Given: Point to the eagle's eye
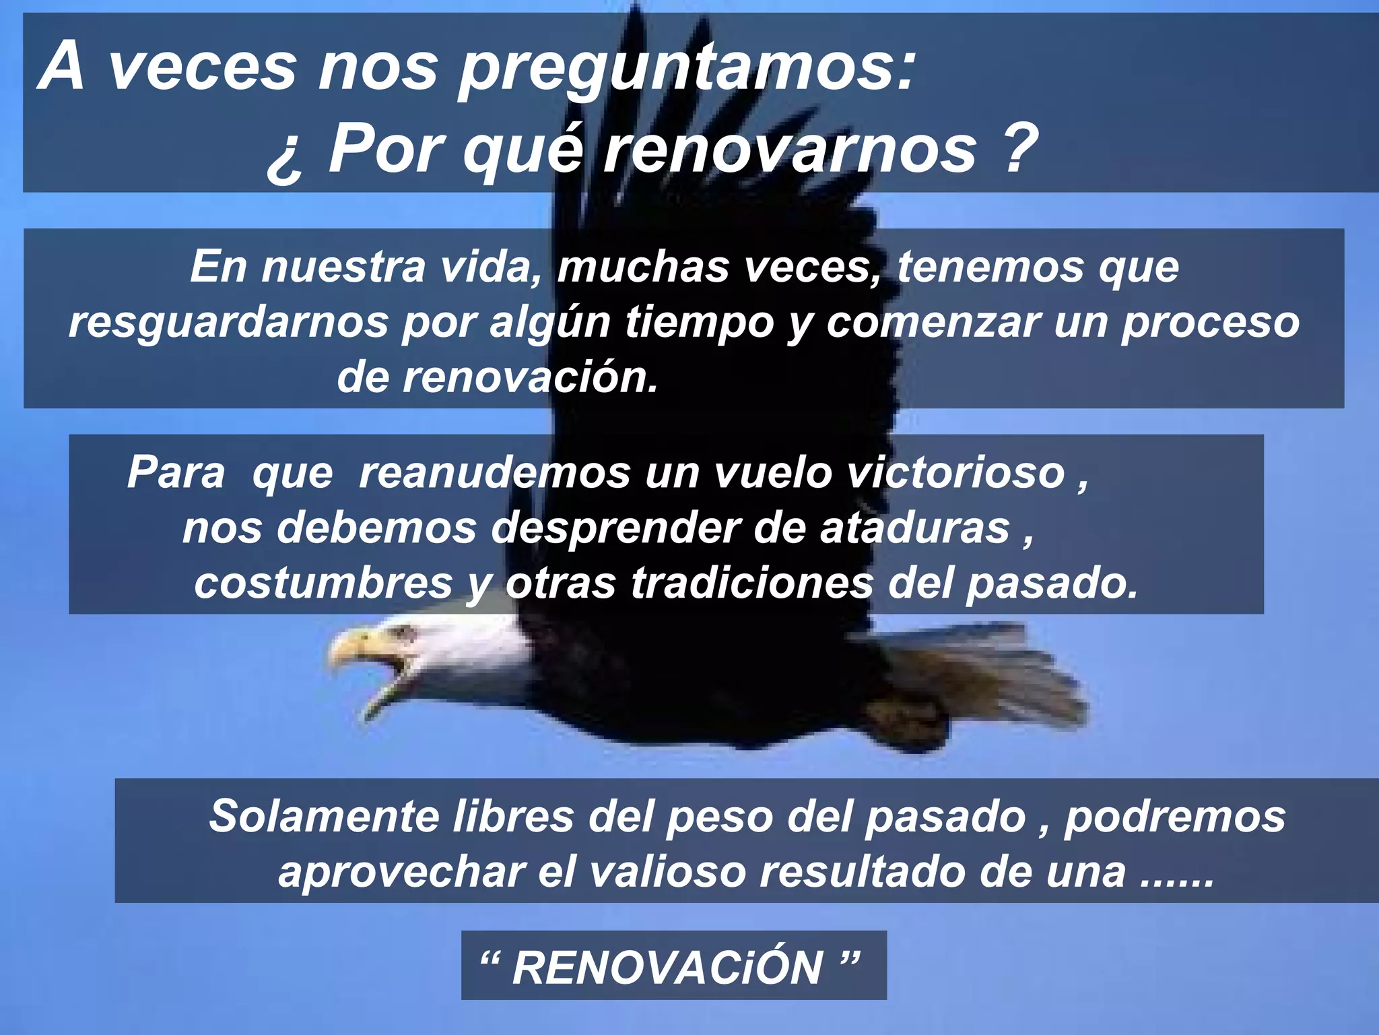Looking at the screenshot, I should [406, 633].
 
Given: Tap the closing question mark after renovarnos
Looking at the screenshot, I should [1017, 148].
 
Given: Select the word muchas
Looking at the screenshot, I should [643, 267].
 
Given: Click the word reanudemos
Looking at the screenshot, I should [495, 472].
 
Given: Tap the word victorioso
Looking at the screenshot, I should [956, 472].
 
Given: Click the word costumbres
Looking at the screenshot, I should [323, 583].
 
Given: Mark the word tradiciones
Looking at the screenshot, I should [751, 583].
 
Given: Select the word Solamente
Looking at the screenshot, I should [324, 817].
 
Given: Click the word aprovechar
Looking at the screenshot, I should [402, 872].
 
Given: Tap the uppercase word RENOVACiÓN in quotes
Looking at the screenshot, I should [668, 968].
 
